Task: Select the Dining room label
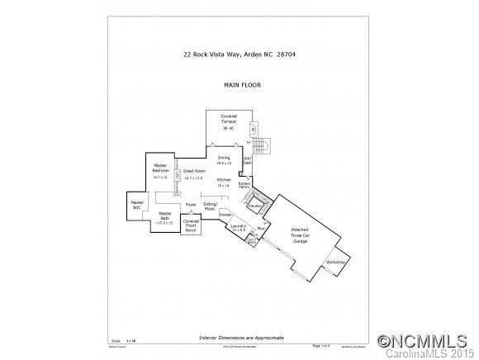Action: point(224,159)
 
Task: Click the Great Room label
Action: point(194,170)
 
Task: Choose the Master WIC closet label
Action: point(137,204)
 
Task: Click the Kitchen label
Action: point(224,181)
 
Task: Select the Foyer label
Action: point(191,204)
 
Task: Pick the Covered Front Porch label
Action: point(191,226)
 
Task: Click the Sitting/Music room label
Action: point(211,206)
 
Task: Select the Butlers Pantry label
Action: point(244,186)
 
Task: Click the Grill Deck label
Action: point(247,161)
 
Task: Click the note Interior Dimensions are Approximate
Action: point(242,338)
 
